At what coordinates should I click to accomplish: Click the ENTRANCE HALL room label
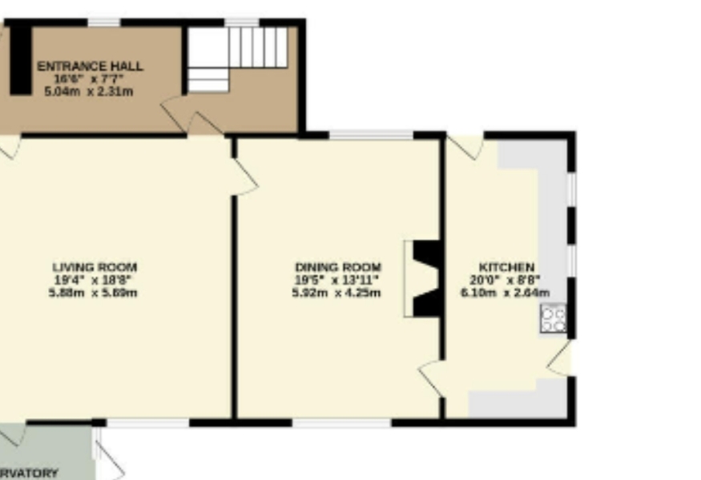pos(90,66)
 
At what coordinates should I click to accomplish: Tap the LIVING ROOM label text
pos(95,266)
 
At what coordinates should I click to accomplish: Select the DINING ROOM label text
pos(338,266)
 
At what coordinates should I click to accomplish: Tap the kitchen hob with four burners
pos(554,319)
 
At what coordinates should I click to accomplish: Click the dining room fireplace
pos(425,278)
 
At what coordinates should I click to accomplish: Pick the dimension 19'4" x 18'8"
pos(93,280)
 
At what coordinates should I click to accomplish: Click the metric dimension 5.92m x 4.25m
pos(336,293)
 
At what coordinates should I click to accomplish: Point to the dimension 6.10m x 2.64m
pos(505,293)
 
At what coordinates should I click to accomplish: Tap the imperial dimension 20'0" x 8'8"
pos(506,280)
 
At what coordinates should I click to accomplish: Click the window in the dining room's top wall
pos(371,135)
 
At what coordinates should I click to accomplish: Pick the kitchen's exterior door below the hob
pos(561,358)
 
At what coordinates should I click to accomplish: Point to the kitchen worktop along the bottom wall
pos(513,405)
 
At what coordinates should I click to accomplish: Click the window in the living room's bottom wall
pos(147,422)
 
